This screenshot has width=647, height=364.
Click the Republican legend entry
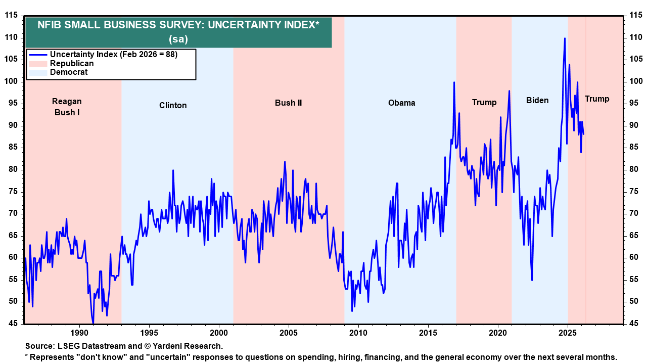click(72, 64)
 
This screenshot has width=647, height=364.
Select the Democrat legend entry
click(69, 72)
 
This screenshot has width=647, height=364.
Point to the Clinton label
click(173, 105)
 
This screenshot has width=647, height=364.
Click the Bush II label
click(288, 103)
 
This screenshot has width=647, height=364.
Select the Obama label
click(401, 103)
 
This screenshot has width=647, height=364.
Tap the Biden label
click(537, 100)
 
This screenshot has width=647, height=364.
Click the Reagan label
click(67, 101)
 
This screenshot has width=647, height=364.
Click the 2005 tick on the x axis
click(289, 333)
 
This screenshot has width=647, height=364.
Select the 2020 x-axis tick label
click(498, 333)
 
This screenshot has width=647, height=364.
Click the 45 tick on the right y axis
click(634, 324)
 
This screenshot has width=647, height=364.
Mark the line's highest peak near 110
click(565, 38)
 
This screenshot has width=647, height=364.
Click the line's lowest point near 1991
click(94, 323)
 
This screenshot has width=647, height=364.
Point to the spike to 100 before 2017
click(454, 82)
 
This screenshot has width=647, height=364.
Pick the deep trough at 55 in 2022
click(532, 280)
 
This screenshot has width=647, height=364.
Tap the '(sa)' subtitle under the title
click(178, 38)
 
